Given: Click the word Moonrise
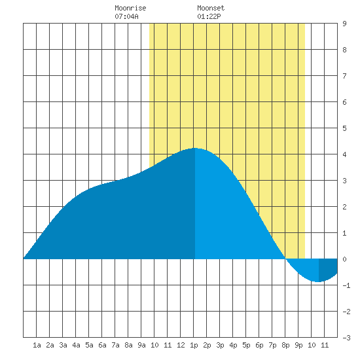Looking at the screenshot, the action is pos(130,8).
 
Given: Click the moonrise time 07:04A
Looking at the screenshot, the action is pos(126,16).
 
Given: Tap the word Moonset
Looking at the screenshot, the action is pos(211,8).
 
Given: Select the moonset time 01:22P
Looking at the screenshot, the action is pos(209,16).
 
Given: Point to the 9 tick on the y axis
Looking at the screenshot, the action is pos(344,24).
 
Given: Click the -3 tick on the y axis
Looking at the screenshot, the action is pos(346,338).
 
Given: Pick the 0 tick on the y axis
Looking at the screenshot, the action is pos(344,259).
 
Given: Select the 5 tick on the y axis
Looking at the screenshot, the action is pos(344,128).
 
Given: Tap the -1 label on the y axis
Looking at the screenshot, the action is pos(346,285).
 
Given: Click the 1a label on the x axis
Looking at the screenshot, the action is pos(37,345).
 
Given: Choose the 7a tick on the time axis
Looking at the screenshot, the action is pos(115,345).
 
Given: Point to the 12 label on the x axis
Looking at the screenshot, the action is pos(181,345).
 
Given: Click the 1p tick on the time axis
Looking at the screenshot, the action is pos(194,345).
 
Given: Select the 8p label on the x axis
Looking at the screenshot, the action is pos(285,345).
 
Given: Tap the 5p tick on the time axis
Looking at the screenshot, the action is pos(246,345).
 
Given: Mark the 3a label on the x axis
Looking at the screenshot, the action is pos(63,345).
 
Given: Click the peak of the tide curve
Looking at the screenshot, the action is pos(194,149).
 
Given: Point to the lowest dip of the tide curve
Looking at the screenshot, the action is pos(318,281).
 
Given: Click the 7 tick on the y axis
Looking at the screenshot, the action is pos(344,76).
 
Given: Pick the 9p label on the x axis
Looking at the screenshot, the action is pos(298,345).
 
